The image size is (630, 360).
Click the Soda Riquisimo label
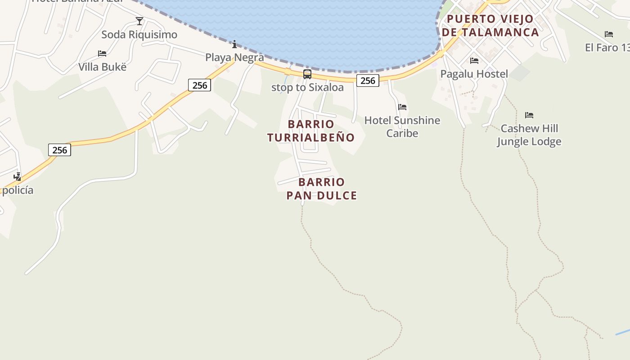139,35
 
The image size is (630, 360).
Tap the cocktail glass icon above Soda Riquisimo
139,21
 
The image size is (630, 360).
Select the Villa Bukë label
102,67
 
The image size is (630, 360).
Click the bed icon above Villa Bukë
102,54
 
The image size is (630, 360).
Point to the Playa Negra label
234,58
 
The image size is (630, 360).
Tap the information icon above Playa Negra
234,44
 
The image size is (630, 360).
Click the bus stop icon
307,74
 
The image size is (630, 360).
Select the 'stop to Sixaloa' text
307,87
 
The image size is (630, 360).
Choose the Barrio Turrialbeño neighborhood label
311,130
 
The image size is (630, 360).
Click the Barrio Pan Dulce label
322,189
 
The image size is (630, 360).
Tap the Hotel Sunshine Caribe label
402,127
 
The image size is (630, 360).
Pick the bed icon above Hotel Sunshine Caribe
402,107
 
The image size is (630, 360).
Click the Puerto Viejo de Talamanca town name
490,26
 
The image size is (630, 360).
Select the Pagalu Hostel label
474,74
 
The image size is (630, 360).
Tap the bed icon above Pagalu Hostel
474,60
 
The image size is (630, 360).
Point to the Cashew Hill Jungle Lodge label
529,135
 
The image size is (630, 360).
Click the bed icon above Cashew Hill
529,115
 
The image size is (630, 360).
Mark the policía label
18,190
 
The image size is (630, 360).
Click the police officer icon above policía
17,176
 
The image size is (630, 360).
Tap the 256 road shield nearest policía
59,150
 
